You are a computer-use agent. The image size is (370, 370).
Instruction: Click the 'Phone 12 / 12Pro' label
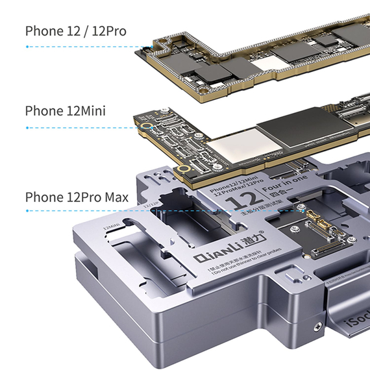point(75,31)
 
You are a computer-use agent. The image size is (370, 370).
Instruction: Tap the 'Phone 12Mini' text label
point(65,111)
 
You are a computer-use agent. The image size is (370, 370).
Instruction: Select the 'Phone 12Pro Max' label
point(77,197)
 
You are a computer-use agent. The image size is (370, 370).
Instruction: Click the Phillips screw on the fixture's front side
point(316,327)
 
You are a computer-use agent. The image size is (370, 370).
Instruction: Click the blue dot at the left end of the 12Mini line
point(27,127)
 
